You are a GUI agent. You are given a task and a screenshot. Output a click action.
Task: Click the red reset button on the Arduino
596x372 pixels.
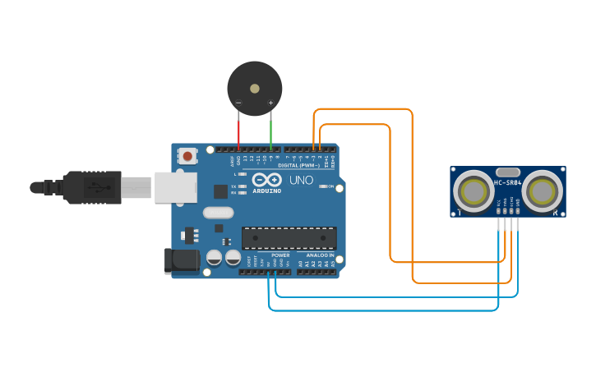tap(188, 156)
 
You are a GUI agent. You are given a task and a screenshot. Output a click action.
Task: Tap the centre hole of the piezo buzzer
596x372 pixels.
tap(255, 87)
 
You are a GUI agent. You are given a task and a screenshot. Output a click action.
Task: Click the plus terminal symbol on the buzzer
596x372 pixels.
tap(270, 103)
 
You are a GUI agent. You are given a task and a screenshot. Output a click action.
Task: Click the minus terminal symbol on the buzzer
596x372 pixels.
tap(238, 103)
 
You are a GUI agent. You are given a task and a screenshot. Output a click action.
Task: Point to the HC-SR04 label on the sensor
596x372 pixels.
tap(507, 182)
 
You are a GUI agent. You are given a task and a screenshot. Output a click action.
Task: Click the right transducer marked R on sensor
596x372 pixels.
tap(542, 191)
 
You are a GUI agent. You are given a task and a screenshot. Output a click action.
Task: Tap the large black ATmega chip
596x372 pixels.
tap(289, 238)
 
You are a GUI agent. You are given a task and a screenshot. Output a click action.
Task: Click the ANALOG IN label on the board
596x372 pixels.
tap(320, 255)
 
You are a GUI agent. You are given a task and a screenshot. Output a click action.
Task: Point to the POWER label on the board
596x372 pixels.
tap(280, 255)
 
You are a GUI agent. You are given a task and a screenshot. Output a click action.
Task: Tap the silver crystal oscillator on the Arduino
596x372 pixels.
tap(218, 213)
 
